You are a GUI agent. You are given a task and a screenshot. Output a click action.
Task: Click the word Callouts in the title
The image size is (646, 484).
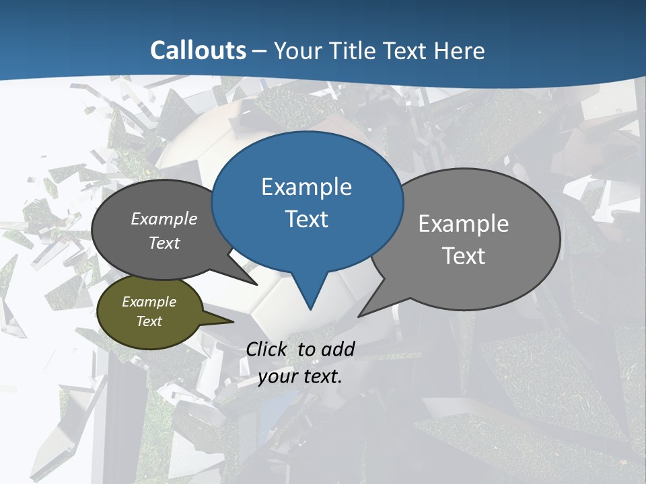(x=198, y=50)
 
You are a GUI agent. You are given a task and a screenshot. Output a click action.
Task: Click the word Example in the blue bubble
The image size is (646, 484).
(x=306, y=187)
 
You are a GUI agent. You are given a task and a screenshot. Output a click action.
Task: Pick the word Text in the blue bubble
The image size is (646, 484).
(x=306, y=219)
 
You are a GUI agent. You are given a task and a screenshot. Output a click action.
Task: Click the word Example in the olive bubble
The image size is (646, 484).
(x=149, y=302)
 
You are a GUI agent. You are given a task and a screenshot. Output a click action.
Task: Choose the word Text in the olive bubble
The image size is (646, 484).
(x=149, y=321)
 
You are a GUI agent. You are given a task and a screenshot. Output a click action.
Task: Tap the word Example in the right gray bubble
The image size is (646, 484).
(x=464, y=224)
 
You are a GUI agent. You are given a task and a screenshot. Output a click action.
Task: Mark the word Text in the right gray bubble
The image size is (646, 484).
(x=464, y=256)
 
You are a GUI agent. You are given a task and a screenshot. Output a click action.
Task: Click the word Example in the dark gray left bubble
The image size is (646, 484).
(x=164, y=218)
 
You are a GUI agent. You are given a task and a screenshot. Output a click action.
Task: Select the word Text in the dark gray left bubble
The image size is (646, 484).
(x=164, y=243)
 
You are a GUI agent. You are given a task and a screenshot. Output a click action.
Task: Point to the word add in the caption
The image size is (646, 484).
(x=338, y=349)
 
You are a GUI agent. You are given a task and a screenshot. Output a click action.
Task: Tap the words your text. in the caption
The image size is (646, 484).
(x=300, y=376)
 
